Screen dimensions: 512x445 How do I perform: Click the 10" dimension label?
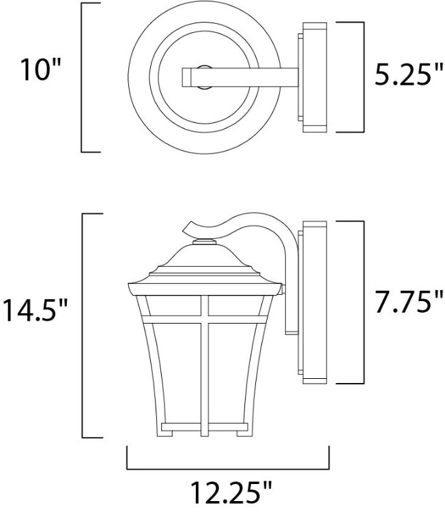coord(35,71)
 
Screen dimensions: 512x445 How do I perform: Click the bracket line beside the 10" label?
coord(83,77)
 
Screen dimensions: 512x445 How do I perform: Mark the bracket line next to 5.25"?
coord(359,76)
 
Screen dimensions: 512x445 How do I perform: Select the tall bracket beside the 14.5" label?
coord(83,326)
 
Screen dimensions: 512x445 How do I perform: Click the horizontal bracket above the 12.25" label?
coord(229,468)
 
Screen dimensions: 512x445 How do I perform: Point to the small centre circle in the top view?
coord(203,70)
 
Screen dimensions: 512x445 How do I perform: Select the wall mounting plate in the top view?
coord(313,76)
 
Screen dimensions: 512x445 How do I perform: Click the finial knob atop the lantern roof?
coord(204,241)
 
